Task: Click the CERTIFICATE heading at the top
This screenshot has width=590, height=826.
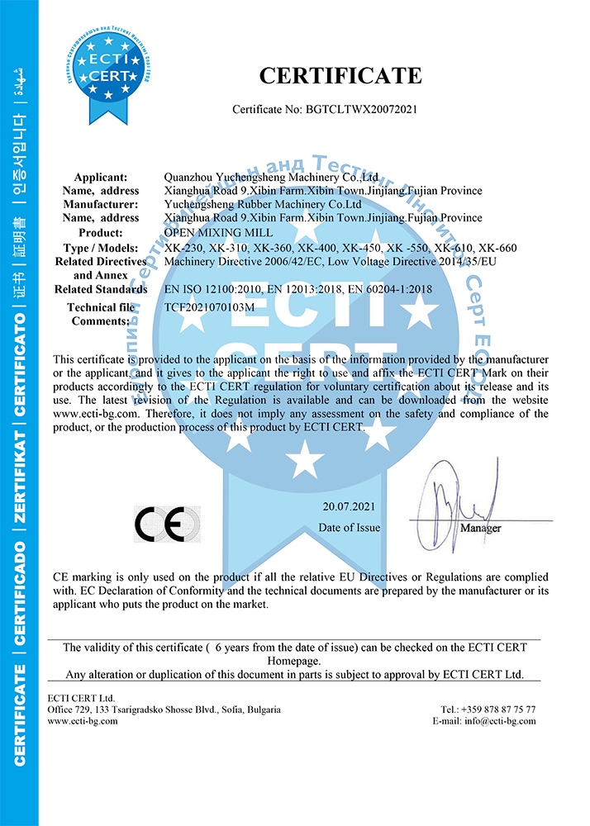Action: (x=340, y=76)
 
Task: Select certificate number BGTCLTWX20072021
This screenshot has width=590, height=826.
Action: (x=374, y=109)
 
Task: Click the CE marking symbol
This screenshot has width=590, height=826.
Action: (x=167, y=523)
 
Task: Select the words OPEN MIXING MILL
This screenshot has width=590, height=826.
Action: (x=211, y=233)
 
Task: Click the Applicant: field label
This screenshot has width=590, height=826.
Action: (x=101, y=177)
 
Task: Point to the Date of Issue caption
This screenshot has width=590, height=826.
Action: (x=350, y=527)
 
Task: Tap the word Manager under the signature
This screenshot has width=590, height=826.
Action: (x=480, y=527)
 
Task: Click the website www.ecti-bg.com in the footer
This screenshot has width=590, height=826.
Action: (x=83, y=720)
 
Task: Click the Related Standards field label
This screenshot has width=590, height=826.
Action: (x=101, y=289)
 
